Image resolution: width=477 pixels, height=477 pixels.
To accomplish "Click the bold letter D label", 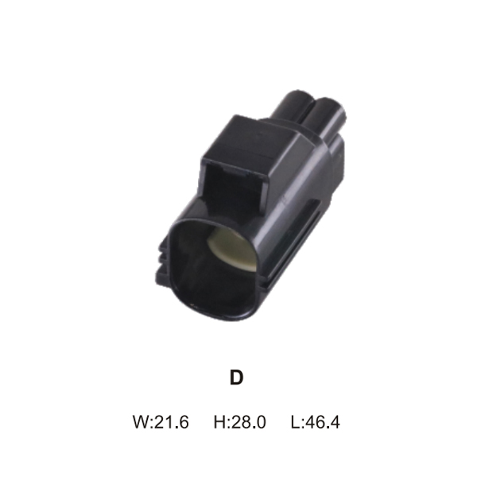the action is [x=237, y=377].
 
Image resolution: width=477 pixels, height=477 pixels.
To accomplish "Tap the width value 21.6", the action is [x=172, y=422].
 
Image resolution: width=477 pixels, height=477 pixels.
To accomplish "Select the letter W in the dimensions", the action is [x=142, y=422].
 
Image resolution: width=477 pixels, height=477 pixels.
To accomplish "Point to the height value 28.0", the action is [x=249, y=422].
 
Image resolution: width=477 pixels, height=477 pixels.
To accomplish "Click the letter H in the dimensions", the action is [x=219, y=422].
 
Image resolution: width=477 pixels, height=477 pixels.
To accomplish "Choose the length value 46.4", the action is [x=323, y=422].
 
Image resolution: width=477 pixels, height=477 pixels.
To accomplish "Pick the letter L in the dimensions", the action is [x=295, y=422].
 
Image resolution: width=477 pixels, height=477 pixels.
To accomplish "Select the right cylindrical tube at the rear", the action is [x=328, y=118].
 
